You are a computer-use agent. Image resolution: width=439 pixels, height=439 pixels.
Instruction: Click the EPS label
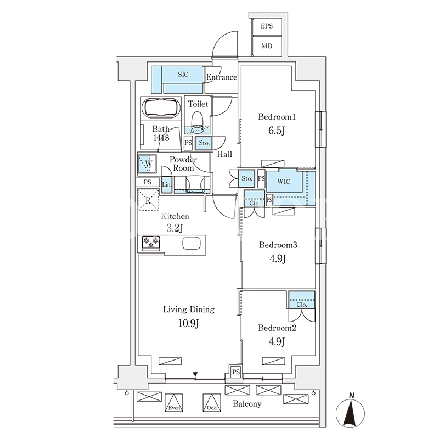pyautogui.click(x=267, y=26)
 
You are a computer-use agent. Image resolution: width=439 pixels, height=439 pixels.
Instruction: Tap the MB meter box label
pyautogui.click(x=267, y=46)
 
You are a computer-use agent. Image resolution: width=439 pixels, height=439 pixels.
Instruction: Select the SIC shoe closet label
pyautogui.click(x=183, y=75)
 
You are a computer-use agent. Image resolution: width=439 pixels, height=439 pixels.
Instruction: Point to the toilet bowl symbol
pyautogui.click(x=197, y=122)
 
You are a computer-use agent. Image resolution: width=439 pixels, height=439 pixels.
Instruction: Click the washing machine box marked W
pyautogui.click(x=147, y=164)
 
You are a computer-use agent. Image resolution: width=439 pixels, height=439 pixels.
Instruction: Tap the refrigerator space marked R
pyautogui.click(x=148, y=200)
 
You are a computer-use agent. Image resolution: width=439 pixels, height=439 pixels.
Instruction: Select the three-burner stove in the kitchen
pyautogui.click(x=151, y=243)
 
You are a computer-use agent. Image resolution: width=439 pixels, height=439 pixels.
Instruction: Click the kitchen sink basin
pyautogui.click(x=192, y=243)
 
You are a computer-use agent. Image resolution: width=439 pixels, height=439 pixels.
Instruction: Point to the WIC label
pyautogui.click(x=284, y=182)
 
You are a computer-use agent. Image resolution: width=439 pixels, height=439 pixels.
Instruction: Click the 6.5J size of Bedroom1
pyautogui.click(x=277, y=131)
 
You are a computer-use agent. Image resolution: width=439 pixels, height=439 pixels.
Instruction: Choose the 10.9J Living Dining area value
pyautogui.click(x=189, y=324)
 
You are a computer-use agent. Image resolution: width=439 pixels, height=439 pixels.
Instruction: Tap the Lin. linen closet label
pyautogui.click(x=167, y=185)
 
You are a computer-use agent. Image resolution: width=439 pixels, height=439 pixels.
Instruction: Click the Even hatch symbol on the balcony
pyautogui.click(x=174, y=403)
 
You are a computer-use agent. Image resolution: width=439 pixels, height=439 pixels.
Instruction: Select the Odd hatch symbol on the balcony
pyautogui.click(x=212, y=403)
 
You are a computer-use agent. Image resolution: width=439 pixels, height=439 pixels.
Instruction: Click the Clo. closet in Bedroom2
pyautogui.click(x=302, y=300)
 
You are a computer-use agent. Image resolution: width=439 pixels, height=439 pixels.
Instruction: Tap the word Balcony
pyautogui.click(x=247, y=404)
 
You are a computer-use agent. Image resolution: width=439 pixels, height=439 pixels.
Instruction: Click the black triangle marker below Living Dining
pyautogui.click(x=195, y=374)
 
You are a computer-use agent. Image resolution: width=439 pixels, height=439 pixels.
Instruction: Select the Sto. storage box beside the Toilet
pyautogui.click(x=204, y=143)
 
